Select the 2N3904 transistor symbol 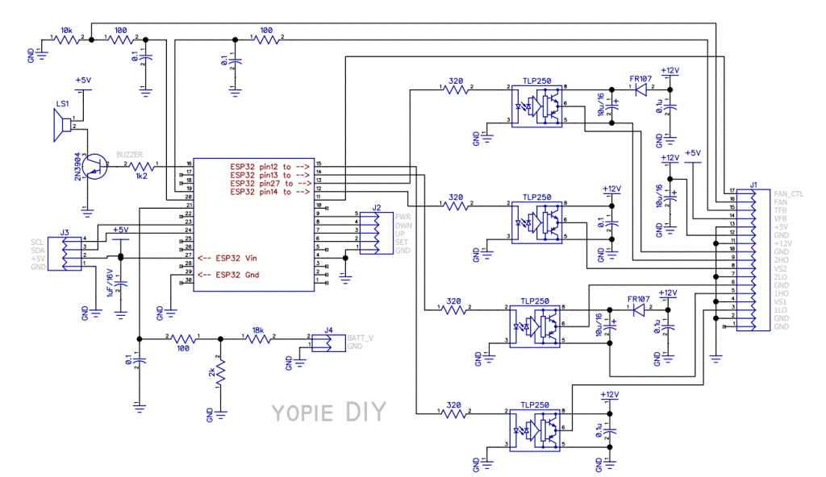coord(95,167)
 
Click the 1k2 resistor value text coord(141,175)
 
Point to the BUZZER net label coord(130,154)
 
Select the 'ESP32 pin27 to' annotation coord(269,183)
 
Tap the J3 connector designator coord(65,232)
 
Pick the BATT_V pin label coord(360,338)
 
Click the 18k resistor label coord(258,330)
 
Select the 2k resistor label coord(211,373)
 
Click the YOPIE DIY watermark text coord(327,412)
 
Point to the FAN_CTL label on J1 coord(787,193)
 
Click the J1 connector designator coord(753,185)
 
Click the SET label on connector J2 coord(402,243)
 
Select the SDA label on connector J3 coord(37,250)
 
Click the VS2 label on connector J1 coord(780,268)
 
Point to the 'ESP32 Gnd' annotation coord(234,275)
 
